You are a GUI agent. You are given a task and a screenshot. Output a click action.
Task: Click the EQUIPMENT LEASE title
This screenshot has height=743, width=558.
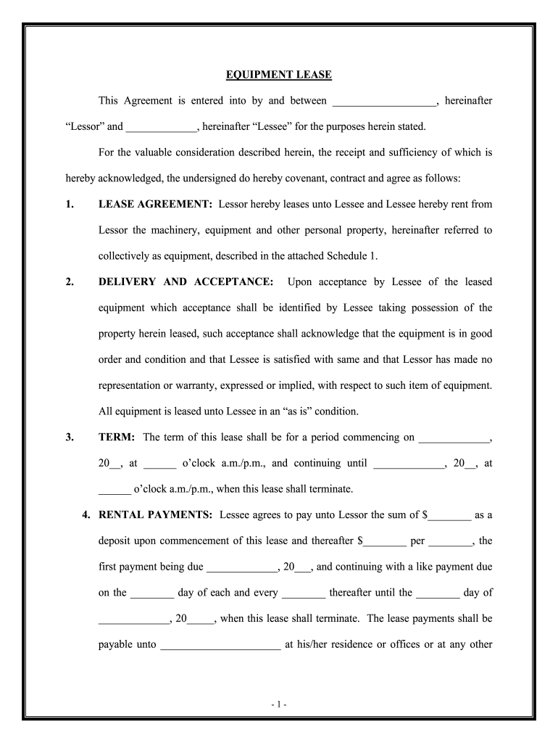[279, 75]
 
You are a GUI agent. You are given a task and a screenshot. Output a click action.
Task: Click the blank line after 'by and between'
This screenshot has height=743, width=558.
[384, 102]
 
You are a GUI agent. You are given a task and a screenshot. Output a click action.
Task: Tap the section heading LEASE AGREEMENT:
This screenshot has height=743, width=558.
[155, 205]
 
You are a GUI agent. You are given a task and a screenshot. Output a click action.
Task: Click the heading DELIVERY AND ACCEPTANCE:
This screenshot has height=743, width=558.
[186, 282]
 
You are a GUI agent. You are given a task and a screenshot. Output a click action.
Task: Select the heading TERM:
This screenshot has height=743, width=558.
[117, 438]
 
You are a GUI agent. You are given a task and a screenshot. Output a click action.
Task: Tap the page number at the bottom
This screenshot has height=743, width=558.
[279, 705]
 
